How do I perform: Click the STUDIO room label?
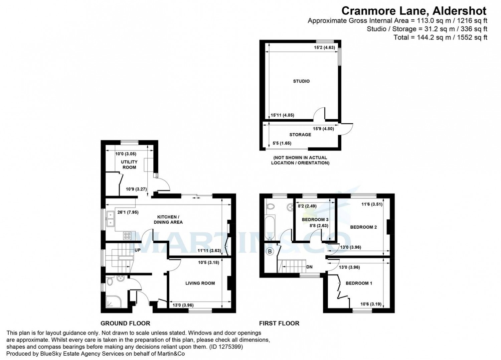301,81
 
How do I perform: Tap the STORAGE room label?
300,135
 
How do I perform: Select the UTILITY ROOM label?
129,164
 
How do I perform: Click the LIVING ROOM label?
200,283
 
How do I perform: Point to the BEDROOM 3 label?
315,220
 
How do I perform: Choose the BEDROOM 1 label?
359,283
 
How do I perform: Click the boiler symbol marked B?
270,252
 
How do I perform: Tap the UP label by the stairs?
137,250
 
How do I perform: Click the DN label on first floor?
309,267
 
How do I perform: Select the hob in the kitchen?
127,236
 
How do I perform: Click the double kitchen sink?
110,218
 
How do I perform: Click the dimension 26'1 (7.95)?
128,212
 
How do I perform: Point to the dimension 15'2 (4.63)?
324,47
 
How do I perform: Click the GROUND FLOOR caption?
125,323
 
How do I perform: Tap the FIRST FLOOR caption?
279,323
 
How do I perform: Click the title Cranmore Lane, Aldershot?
414,11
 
